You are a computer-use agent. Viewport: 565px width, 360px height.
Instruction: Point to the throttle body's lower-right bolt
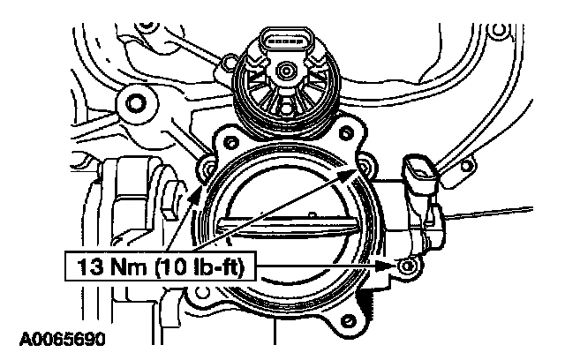point(406,266)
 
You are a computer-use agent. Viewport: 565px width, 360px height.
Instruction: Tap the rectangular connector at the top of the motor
point(287,41)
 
